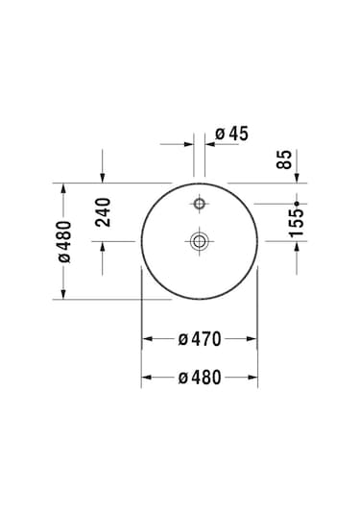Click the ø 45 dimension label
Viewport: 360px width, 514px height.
(231, 134)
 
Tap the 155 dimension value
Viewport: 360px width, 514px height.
(297, 223)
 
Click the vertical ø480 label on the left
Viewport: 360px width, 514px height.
(64, 240)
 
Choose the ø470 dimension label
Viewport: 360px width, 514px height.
(200, 338)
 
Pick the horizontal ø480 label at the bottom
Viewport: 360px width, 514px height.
(200, 378)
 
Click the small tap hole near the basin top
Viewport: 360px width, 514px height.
(200, 204)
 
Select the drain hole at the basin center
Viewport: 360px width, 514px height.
(200, 241)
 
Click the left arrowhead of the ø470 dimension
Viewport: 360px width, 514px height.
(148, 338)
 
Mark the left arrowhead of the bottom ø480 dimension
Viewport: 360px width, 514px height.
(147, 378)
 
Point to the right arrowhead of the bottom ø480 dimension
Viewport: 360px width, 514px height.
(253, 378)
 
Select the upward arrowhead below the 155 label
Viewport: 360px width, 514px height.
(297, 247)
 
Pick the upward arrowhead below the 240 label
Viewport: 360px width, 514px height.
(103, 246)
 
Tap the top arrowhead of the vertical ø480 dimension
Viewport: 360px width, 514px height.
(64, 187)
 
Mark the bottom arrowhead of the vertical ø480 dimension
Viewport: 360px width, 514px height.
(64, 294)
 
